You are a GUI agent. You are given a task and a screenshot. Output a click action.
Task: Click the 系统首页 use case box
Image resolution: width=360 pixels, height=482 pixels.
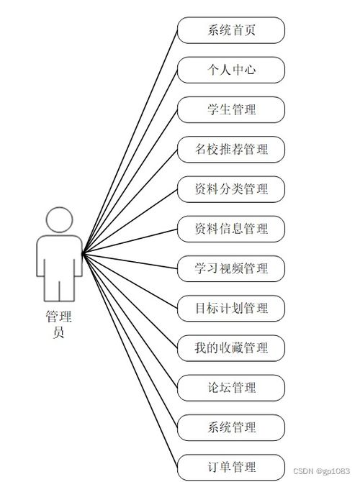tap(231, 30)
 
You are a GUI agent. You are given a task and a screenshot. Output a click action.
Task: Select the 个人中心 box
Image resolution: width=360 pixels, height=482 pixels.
tap(231, 70)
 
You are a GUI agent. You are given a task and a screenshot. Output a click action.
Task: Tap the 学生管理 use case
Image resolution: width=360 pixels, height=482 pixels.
tap(231, 110)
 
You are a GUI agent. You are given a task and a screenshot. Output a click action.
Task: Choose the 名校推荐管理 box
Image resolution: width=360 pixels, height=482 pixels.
tap(231, 150)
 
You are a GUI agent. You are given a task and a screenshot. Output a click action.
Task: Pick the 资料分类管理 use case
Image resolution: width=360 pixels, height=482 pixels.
tap(231, 189)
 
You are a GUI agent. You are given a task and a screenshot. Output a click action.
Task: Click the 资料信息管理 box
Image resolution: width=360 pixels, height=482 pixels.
tap(231, 229)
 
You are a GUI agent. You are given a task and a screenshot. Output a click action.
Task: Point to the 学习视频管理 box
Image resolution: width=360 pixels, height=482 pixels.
tap(231, 268)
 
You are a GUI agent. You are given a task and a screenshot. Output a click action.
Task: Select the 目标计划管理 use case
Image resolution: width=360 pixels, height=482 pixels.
tap(231, 309)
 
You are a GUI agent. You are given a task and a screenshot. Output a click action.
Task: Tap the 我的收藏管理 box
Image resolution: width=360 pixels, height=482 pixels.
tap(231, 348)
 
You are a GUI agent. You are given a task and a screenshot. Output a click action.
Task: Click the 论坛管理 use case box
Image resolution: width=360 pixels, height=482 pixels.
tap(231, 388)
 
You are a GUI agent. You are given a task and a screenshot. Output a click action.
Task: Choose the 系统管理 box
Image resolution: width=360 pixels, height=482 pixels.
tap(231, 427)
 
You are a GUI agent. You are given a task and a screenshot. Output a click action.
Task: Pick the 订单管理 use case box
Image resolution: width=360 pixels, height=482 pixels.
tap(231, 467)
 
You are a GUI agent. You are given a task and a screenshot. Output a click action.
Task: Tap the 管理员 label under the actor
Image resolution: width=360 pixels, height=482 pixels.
tap(58, 324)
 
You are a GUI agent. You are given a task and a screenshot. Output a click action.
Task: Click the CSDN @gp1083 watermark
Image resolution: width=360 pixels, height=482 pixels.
tap(321, 471)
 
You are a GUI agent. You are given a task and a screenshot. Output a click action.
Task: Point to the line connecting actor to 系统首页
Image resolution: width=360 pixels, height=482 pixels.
tap(130, 142)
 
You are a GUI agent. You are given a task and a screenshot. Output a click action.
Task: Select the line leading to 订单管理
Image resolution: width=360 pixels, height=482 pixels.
tap(130, 360)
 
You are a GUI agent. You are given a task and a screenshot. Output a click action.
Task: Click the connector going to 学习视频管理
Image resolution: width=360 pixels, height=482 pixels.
tap(130, 261)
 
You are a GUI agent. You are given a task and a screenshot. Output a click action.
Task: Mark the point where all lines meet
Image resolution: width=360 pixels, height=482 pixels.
tap(83, 254)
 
